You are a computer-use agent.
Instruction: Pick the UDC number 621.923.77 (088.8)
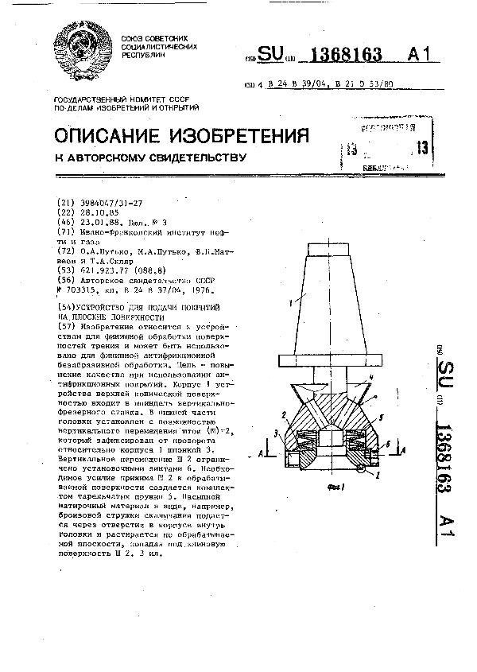pos(107,271)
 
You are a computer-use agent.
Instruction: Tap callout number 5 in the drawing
pos(382,416)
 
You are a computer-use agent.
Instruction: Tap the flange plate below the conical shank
pos(334,366)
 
